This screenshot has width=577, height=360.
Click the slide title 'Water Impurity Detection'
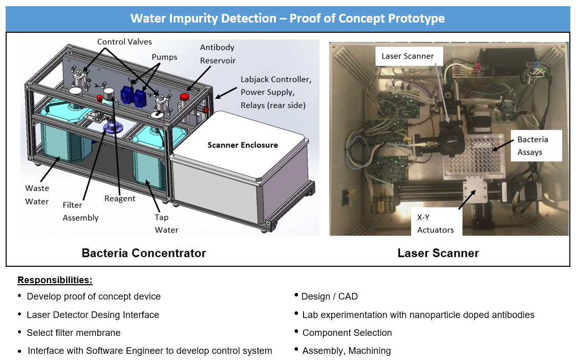click(x=287, y=18)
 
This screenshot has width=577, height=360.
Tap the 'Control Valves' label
click(x=124, y=42)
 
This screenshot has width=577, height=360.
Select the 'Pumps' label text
click(x=164, y=57)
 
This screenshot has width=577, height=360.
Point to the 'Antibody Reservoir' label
click(x=218, y=54)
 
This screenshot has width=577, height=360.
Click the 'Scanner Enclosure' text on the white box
click(x=242, y=145)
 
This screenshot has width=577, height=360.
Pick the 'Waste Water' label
click(x=37, y=195)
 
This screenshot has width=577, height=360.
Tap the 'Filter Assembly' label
click(x=80, y=211)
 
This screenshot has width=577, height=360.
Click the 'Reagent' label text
click(x=120, y=199)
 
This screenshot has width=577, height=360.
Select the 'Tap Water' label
click(x=166, y=223)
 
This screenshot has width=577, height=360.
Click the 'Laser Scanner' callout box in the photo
click(x=408, y=56)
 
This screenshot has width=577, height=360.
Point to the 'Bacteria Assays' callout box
click(x=532, y=145)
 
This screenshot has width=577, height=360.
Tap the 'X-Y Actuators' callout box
click(x=435, y=223)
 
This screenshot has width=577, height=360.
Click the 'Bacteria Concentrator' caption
click(x=144, y=253)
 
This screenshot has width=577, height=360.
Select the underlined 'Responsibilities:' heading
click(x=55, y=280)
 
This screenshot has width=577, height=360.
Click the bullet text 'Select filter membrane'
click(x=74, y=333)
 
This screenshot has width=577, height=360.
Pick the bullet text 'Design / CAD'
click(x=330, y=297)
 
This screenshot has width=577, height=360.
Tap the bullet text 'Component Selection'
click(x=347, y=333)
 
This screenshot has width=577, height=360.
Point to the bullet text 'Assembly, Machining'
click(x=347, y=351)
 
